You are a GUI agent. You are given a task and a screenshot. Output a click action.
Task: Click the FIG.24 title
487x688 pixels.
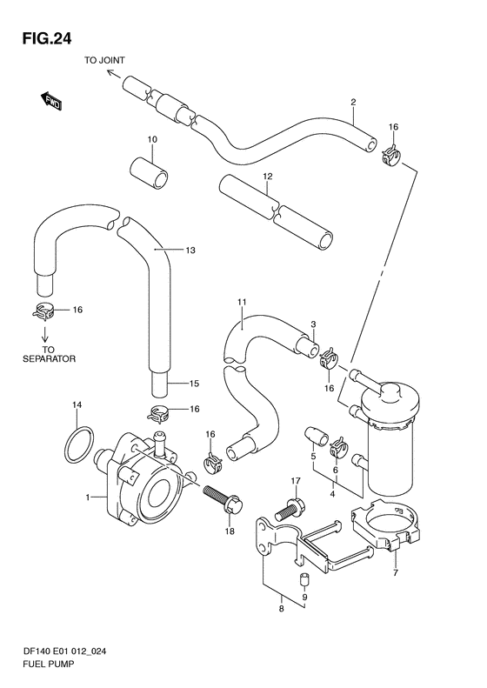point(46,39)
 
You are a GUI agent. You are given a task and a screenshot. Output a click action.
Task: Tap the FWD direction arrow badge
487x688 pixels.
point(51,101)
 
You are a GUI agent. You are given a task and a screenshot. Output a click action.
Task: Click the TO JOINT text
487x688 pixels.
point(104,61)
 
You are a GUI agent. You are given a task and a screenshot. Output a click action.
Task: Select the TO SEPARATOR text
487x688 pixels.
point(49,355)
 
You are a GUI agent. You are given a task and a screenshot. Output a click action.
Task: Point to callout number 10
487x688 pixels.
point(152,139)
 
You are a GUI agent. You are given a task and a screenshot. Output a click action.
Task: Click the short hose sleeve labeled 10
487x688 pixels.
point(150,175)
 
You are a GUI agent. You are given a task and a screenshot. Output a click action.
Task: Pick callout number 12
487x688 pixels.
point(268,177)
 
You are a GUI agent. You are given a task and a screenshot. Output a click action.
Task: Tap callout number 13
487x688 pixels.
point(190,250)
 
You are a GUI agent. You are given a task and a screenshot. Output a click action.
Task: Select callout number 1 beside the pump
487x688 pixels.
point(88,498)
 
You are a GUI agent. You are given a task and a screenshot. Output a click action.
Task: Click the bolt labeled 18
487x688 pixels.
point(223,501)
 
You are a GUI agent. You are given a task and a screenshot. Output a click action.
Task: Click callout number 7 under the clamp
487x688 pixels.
point(396,572)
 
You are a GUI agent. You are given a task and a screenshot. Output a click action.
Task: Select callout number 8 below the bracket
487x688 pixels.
point(281,609)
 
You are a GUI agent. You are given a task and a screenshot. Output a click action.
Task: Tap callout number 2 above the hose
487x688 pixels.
point(353,103)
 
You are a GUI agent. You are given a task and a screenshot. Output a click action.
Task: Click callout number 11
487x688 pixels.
point(242,302)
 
